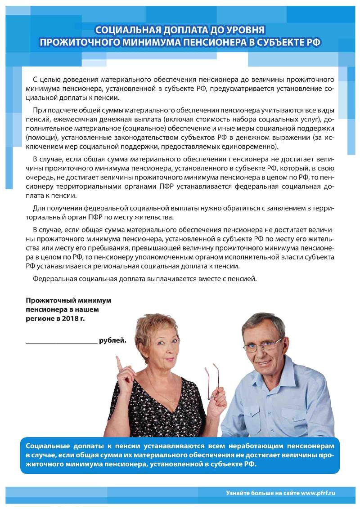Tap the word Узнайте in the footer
238,493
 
